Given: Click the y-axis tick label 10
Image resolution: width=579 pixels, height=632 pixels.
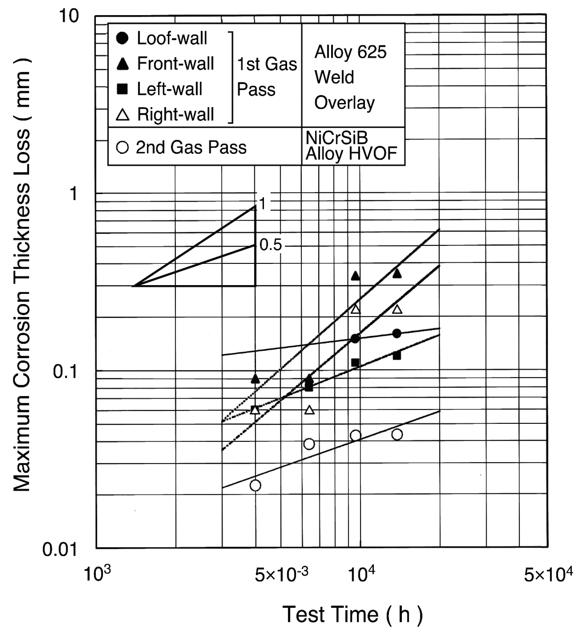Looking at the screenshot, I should (69, 16).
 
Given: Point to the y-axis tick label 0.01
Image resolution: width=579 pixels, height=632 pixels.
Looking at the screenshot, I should (60, 549).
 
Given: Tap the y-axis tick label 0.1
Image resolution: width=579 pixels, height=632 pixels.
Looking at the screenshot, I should (65, 372).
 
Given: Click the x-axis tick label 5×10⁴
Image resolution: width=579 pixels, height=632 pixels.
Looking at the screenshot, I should (548, 574).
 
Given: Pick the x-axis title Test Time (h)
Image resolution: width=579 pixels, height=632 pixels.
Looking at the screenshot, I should (353, 614).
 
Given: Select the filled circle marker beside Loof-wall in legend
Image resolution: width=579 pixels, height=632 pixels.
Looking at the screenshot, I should (122, 38).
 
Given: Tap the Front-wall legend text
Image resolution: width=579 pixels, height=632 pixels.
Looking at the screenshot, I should (175, 63).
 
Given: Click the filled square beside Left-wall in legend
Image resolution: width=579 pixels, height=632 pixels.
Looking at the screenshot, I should (122, 89).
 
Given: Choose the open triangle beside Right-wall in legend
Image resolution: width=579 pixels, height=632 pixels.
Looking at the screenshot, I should (122, 115).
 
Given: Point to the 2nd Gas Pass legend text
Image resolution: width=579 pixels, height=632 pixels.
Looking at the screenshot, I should (191, 147).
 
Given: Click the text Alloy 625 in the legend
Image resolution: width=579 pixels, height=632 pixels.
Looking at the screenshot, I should (350, 52).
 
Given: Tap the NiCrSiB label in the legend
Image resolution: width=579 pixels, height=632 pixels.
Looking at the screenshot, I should (336, 138).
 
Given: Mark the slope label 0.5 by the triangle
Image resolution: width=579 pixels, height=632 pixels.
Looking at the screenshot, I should (270, 245).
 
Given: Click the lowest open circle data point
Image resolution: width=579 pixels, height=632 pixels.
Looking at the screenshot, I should (255, 485).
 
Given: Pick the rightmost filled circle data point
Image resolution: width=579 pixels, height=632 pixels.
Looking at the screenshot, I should (397, 333).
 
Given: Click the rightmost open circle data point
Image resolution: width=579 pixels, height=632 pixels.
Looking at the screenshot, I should (397, 434).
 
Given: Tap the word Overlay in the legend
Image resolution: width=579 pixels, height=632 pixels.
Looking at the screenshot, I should (344, 103).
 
